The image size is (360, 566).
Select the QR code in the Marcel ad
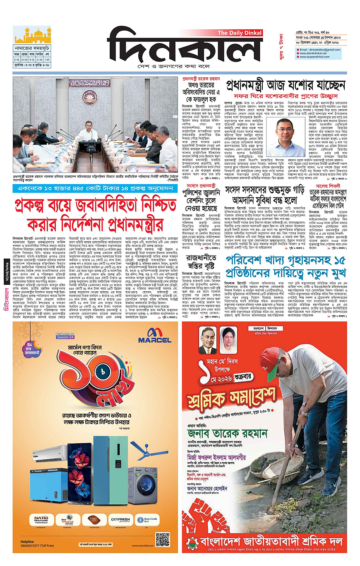pos(163,539)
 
